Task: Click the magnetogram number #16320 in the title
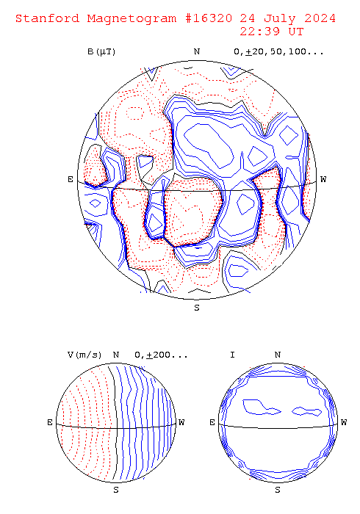tap(209, 18)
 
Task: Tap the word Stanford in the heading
tap(48, 18)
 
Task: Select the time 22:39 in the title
tap(259, 32)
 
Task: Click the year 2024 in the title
tap(320, 18)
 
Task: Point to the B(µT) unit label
tap(101, 52)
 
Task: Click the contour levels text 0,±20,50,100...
tap(278, 52)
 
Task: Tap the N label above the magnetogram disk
tap(197, 52)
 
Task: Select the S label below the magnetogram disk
tap(197, 308)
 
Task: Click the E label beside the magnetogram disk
tap(71, 179)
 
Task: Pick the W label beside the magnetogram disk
tap(323, 179)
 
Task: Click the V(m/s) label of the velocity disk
tap(84, 355)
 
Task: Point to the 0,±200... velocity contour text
tap(162, 355)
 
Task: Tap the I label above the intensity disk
tap(232, 355)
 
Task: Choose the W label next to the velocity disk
tap(181, 422)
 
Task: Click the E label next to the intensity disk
tap(212, 422)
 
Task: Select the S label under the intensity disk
tap(278, 490)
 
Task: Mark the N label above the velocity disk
tap(116, 355)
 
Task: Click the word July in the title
tap(280, 18)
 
